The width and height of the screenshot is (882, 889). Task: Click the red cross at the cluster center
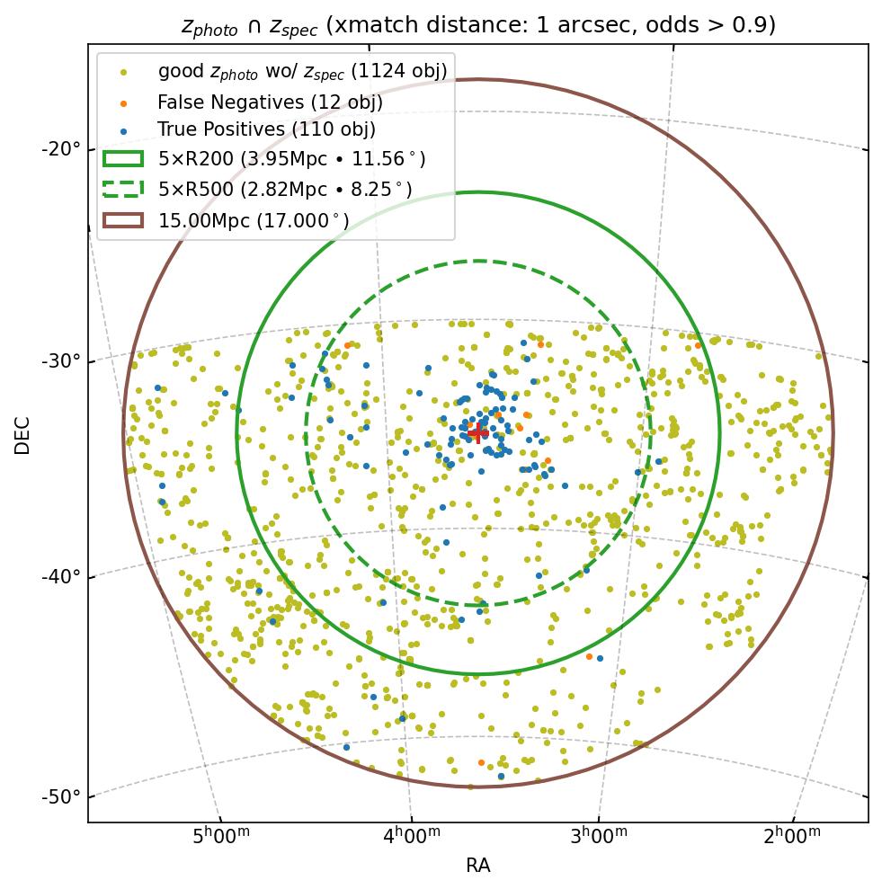tap(477, 433)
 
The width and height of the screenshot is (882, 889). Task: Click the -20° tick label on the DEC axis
tap(61, 148)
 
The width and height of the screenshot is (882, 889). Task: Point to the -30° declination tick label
tap(61, 361)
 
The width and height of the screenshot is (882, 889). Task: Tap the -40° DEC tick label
tap(61, 576)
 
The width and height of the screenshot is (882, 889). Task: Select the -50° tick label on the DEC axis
tap(61, 797)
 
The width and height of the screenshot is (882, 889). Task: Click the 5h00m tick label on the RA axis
tap(221, 836)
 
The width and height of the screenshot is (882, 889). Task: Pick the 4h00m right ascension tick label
tap(412, 836)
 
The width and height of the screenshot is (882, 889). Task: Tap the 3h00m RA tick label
tap(600, 836)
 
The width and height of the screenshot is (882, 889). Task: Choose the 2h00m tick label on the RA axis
tap(792, 836)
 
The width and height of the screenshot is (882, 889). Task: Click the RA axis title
tap(477, 866)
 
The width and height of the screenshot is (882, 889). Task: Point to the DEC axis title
tap(22, 434)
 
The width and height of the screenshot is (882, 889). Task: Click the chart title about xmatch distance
tap(477, 26)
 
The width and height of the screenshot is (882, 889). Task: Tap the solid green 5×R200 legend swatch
tap(123, 159)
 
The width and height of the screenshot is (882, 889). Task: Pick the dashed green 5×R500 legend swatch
tap(123, 189)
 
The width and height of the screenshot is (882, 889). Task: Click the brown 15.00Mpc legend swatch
tap(123, 219)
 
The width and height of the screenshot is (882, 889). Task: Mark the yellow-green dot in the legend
tap(124, 72)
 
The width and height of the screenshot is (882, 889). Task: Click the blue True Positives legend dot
tap(124, 131)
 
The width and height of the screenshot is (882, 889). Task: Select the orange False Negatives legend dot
tap(124, 102)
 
